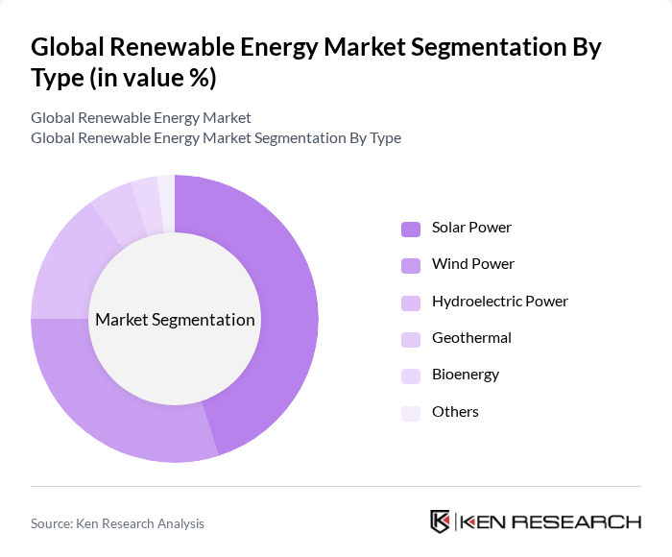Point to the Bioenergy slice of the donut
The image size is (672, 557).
point(146,196)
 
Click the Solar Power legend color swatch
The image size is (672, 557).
point(411,229)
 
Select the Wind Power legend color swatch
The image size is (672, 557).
point(411,265)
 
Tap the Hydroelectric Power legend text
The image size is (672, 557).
point(499,302)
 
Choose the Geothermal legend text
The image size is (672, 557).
point(471,338)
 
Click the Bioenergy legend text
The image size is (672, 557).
point(466,375)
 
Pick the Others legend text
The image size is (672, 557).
point(455,412)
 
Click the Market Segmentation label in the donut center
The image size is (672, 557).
point(175,320)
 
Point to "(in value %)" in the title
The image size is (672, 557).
point(152,78)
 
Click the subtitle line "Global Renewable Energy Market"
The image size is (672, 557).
point(141,118)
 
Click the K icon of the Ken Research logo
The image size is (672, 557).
point(440,521)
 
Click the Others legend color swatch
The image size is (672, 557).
point(411,412)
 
